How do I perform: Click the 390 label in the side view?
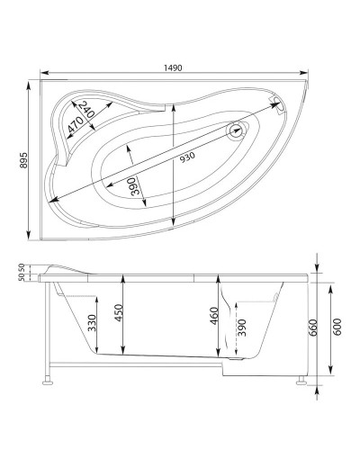click(240, 329)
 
